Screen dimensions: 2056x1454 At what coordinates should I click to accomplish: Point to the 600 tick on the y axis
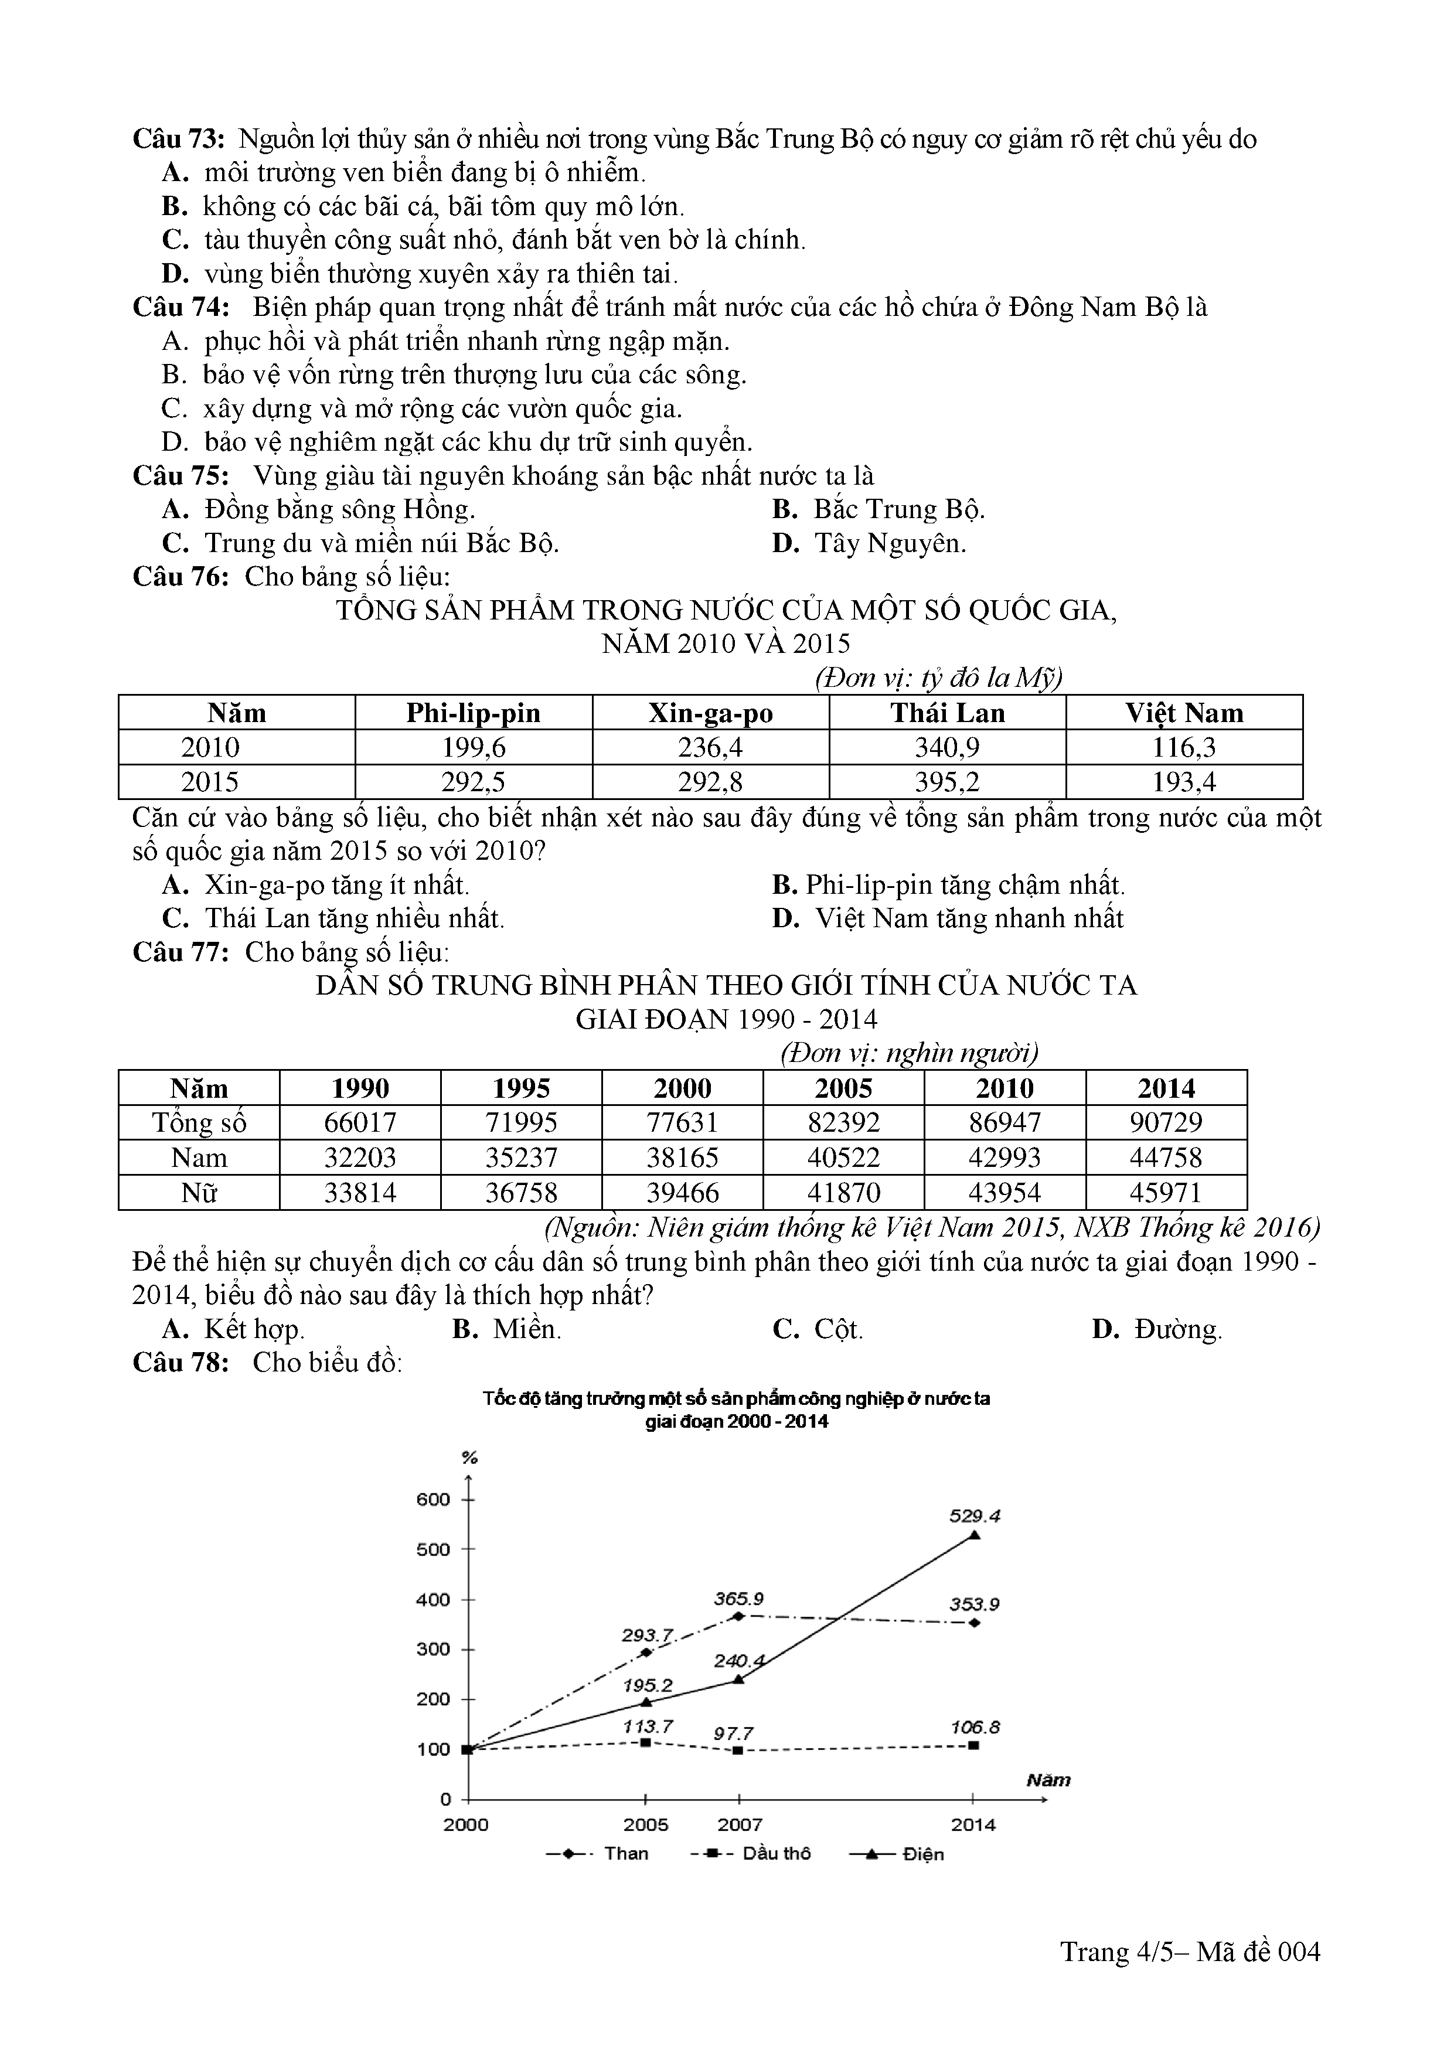(x=433, y=1500)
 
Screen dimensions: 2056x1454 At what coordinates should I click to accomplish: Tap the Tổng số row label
(x=199, y=1123)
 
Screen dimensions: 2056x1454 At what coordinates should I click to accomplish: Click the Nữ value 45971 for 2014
(x=1166, y=1193)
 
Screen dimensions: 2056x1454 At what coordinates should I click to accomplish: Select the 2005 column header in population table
(x=843, y=1089)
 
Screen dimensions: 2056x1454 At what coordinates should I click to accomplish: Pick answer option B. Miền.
(x=507, y=1329)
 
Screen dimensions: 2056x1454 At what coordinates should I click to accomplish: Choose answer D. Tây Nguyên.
(x=869, y=543)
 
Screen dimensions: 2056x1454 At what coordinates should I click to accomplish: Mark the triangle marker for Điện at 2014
(x=974, y=1535)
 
